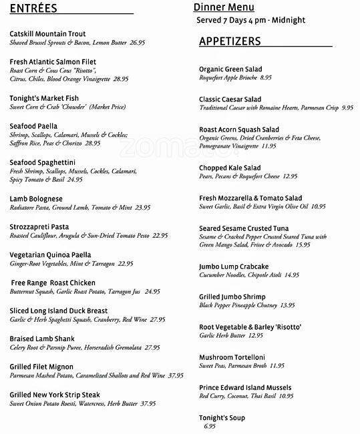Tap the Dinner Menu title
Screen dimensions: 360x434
pyautogui.click(x=224, y=7)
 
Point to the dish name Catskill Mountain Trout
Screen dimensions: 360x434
pyautogui.click(x=48, y=33)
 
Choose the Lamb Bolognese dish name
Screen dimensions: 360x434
pyautogui.click(x=36, y=198)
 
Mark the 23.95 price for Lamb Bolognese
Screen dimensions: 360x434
pyautogui.click(x=142, y=208)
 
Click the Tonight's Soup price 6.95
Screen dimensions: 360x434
pyautogui.click(x=210, y=426)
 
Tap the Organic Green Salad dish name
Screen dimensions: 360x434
pyautogui.click(x=230, y=69)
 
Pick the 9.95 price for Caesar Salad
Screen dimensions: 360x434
pyautogui.click(x=347, y=107)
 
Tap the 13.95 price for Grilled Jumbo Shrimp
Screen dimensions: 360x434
pyautogui.click(x=287, y=305)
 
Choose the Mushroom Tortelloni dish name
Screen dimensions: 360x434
pyautogui.click(x=232, y=357)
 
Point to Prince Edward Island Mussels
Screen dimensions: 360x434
pyautogui.click(x=245, y=387)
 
